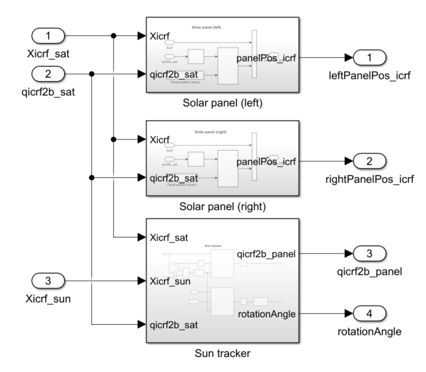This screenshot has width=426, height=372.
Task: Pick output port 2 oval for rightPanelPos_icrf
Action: point(370,162)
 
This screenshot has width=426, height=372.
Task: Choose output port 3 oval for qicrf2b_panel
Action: point(370,254)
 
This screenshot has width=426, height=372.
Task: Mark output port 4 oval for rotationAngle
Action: point(370,314)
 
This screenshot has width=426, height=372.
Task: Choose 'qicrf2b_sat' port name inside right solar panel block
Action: point(178,177)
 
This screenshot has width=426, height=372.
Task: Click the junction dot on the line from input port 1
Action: point(113,36)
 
